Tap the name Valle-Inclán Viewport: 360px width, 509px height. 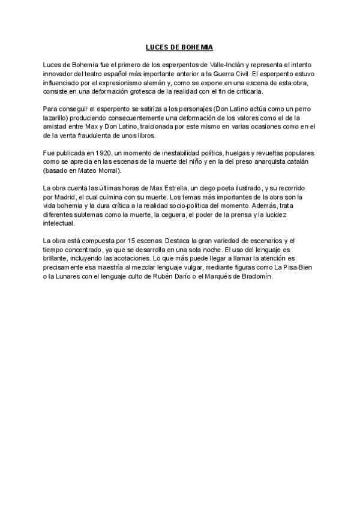coord(229,64)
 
